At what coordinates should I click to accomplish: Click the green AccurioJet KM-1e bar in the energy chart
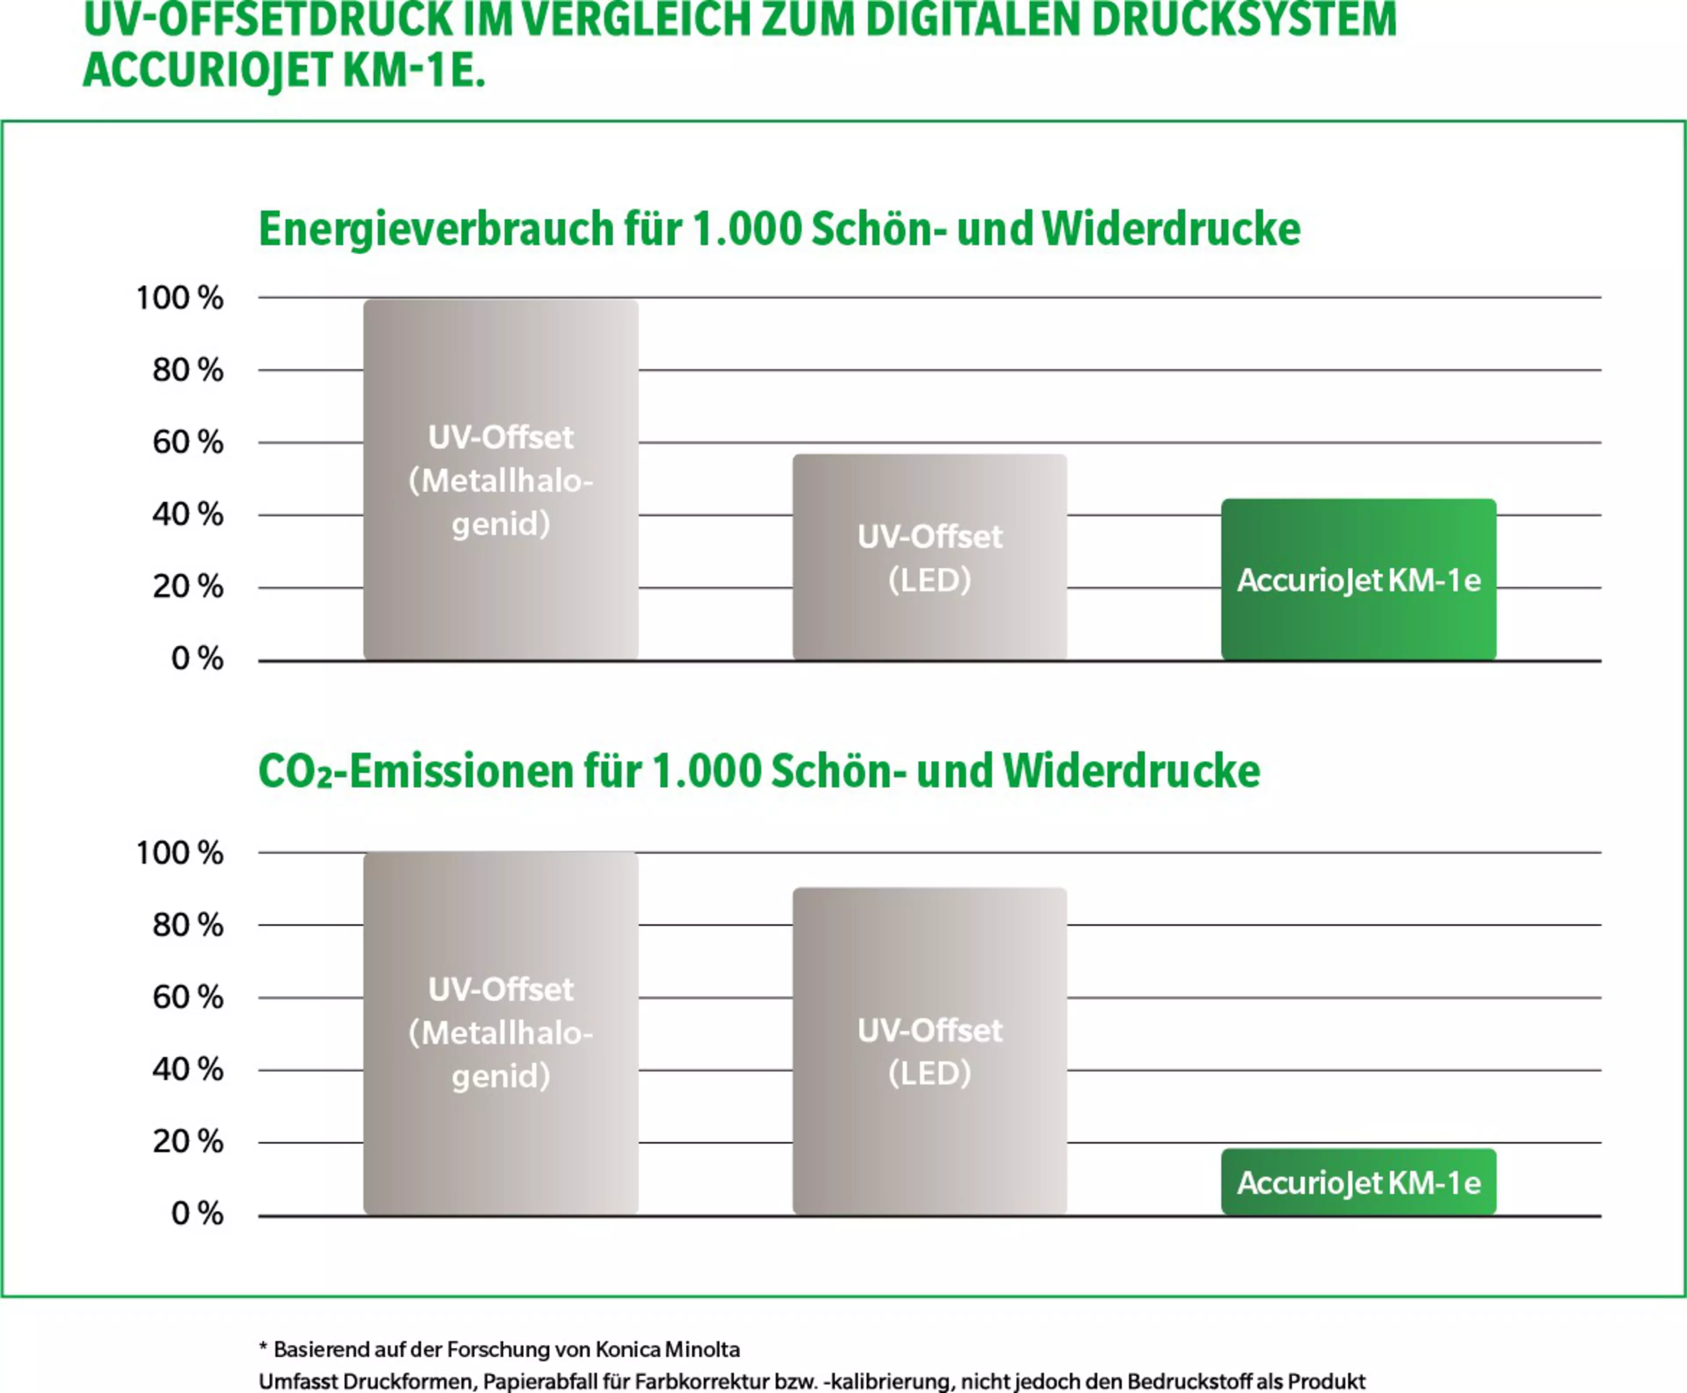[1358, 579]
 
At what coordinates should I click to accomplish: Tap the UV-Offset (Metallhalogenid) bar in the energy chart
[500, 480]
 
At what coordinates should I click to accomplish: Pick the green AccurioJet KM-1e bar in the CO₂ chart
[1358, 1182]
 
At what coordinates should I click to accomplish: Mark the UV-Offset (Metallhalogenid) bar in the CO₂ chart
[500, 1033]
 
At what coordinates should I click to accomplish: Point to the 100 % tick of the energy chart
[180, 297]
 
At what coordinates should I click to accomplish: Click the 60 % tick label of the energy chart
[188, 442]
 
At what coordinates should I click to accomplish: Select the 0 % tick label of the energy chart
[196, 659]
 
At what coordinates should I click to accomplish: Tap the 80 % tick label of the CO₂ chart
[188, 925]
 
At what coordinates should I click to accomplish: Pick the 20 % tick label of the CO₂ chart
[188, 1141]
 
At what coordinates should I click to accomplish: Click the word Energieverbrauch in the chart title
[435, 229]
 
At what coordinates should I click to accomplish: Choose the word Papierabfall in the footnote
[555, 1381]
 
